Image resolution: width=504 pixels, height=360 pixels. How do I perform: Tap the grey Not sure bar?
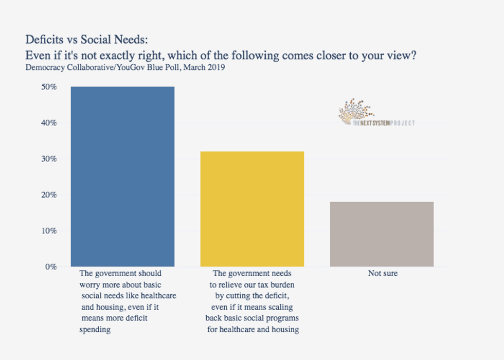point(382,234)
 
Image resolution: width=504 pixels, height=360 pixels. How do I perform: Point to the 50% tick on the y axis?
point(49,87)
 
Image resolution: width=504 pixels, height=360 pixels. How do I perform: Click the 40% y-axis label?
point(49,123)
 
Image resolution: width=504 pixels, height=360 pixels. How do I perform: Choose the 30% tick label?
point(49,159)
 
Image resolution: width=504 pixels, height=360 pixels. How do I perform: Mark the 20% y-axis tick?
point(49,195)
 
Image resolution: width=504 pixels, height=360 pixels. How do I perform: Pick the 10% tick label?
point(49,231)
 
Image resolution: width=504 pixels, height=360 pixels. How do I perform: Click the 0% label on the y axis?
point(50,267)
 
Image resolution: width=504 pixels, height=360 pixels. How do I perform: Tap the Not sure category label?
point(383,274)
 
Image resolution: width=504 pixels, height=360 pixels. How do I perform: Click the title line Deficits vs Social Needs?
point(88,40)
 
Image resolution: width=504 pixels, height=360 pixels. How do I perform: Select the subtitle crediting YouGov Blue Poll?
point(125,68)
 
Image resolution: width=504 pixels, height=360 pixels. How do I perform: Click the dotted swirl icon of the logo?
point(355,111)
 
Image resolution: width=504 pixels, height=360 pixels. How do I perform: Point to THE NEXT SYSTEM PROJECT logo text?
point(384,123)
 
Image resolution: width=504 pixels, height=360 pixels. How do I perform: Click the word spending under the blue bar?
point(95,330)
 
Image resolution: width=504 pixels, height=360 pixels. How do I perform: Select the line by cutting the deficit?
point(252,296)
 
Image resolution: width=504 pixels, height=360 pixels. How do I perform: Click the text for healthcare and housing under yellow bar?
point(253,329)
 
